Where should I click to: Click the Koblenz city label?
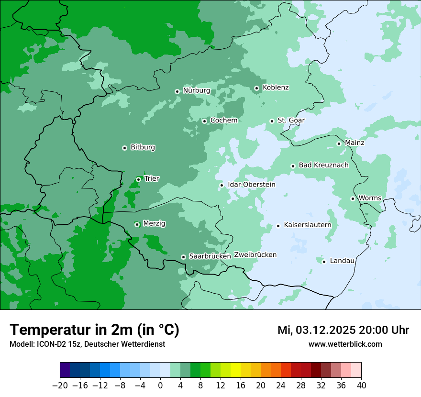tap(276, 88)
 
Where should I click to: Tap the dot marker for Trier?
tap(138, 179)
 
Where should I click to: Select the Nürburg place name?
tap(196, 90)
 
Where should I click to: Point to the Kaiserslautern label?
tap(307, 225)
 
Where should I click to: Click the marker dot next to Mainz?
tap(339, 143)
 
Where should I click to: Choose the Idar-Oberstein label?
tap(251, 185)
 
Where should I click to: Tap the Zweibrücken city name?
tap(255, 254)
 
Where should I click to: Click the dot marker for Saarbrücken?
tap(183, 257)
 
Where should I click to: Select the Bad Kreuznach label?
tap(323, 165)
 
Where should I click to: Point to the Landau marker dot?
tap(324, 261)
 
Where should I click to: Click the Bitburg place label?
tap(143, 147)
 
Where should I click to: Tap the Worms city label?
tap(370, 198)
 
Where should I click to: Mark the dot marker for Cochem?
tap(204, 121)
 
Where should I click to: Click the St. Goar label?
tap(291, 120)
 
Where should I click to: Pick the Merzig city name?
tap(154, 223)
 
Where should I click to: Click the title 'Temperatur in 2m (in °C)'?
tap(94, 330)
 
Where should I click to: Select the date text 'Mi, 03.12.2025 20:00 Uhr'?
tap(343, 330)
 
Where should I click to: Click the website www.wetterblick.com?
tap(345, 344)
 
